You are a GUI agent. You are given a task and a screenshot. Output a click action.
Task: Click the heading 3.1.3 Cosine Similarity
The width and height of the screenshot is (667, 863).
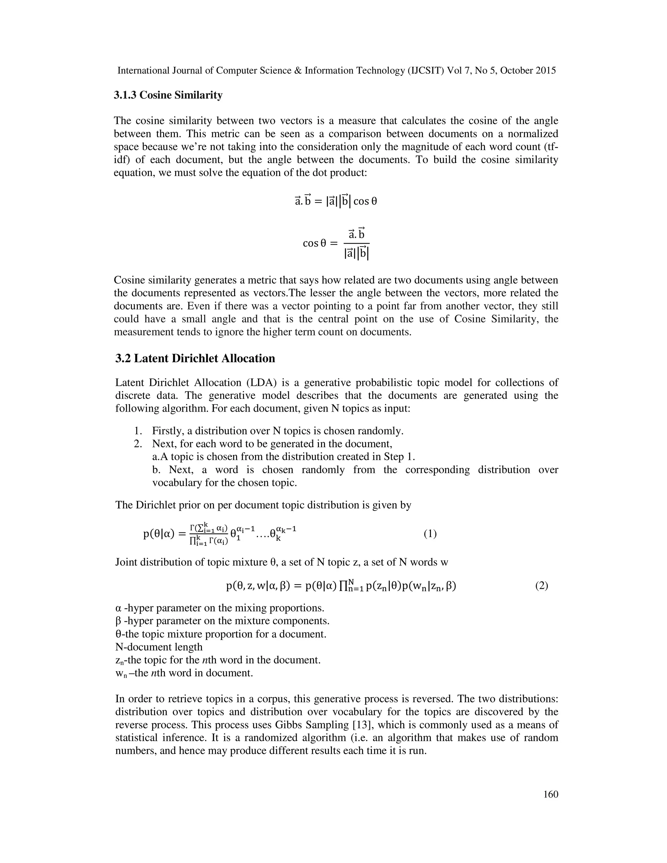tap(168, 95)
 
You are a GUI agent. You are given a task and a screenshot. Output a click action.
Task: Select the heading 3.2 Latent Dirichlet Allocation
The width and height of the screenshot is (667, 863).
tap(195, 359)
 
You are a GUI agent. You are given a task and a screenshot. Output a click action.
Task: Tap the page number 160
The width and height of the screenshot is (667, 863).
tap(550, 794)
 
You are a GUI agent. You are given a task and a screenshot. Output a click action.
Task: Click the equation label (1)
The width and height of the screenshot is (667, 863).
tap(430, 534)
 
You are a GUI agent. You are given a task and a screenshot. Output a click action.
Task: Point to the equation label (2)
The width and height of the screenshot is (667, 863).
tap(541, 586)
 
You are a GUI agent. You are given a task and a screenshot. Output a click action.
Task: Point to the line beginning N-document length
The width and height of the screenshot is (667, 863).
tap(159, 647)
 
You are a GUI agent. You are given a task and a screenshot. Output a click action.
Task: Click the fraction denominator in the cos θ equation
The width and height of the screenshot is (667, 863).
tap(356, 253)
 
